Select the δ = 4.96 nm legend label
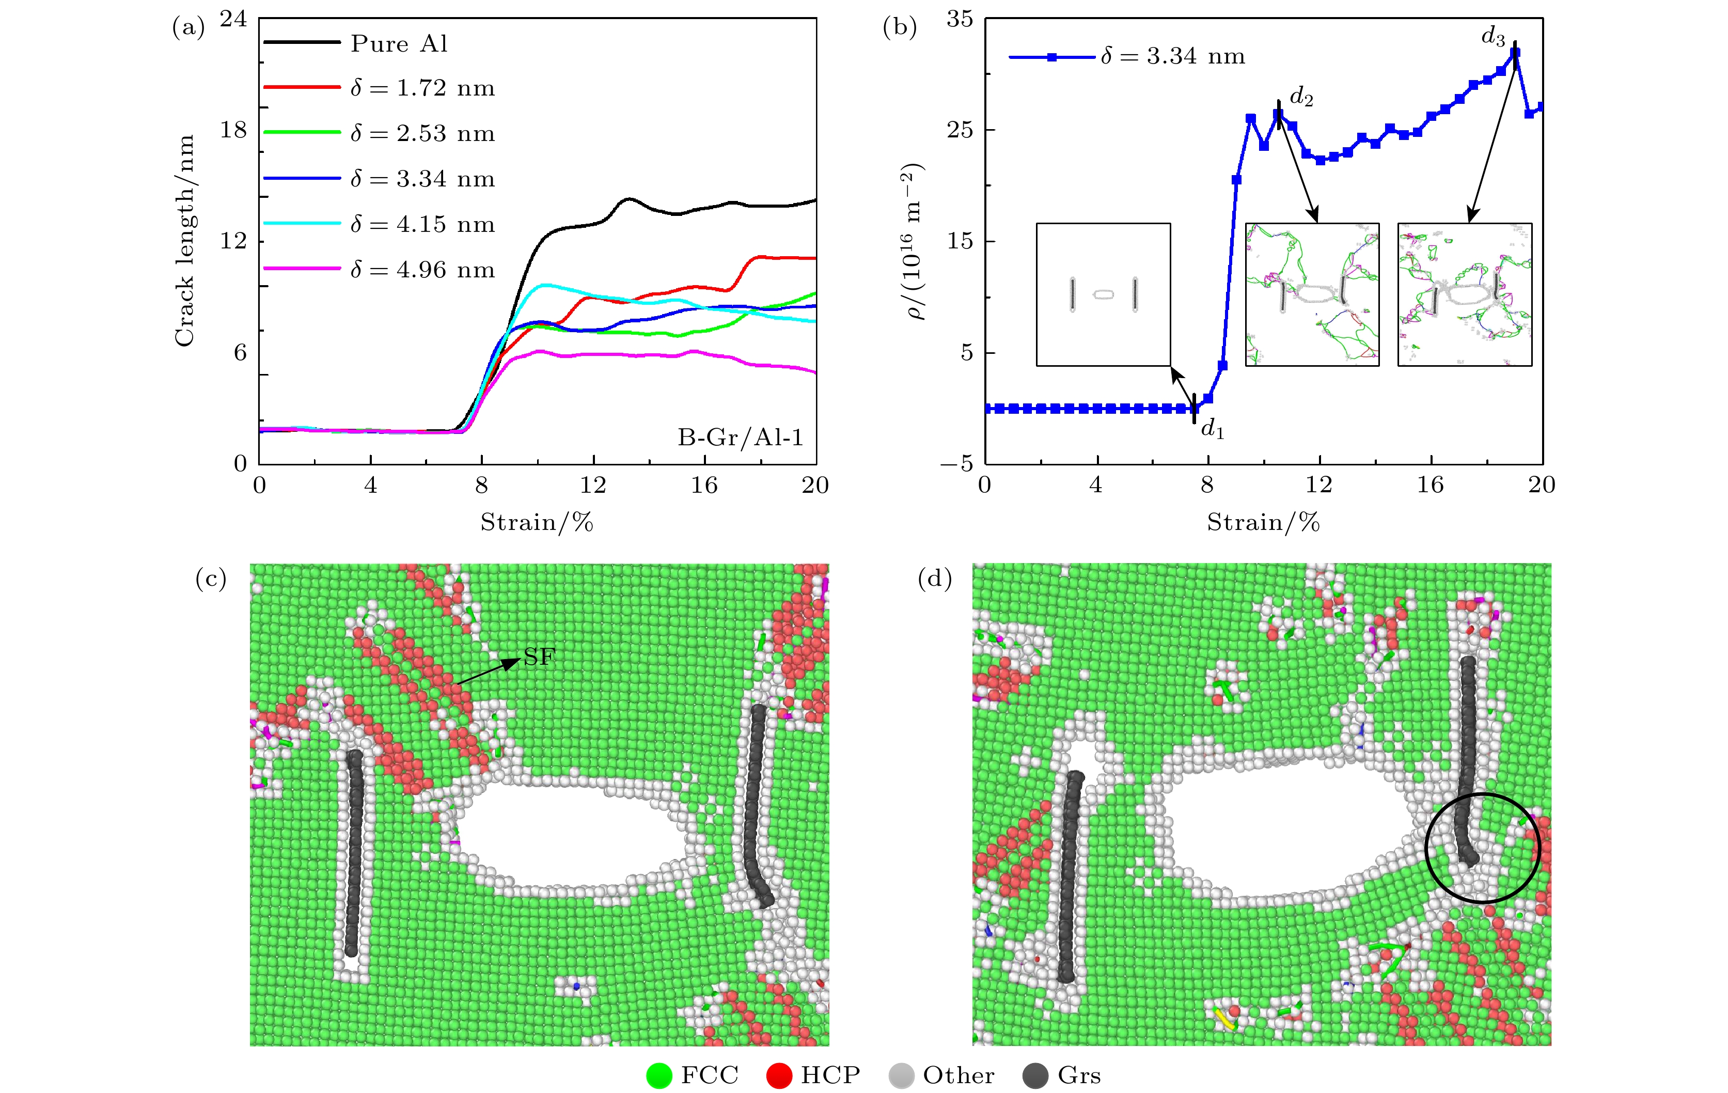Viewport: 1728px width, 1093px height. [x=422, y=270]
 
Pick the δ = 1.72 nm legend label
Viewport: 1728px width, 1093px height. [x=422, y=88]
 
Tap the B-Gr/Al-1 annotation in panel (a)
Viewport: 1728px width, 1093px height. [x=740, y=437]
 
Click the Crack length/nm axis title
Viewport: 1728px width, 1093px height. [x=184, y=240]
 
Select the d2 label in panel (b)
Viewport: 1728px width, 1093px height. [x=1301, y=96]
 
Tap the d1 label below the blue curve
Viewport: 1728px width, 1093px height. [x=1212, y=429]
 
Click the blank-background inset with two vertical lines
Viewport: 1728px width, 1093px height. [x=1103, y=294]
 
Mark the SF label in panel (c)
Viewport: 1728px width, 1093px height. [x=540, y=657]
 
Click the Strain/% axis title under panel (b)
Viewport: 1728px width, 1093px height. [x=1263, y=522]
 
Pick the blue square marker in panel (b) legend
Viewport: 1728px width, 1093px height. [x=1052, y=57]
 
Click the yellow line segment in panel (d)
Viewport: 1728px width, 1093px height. [x=1224, y=1019]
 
